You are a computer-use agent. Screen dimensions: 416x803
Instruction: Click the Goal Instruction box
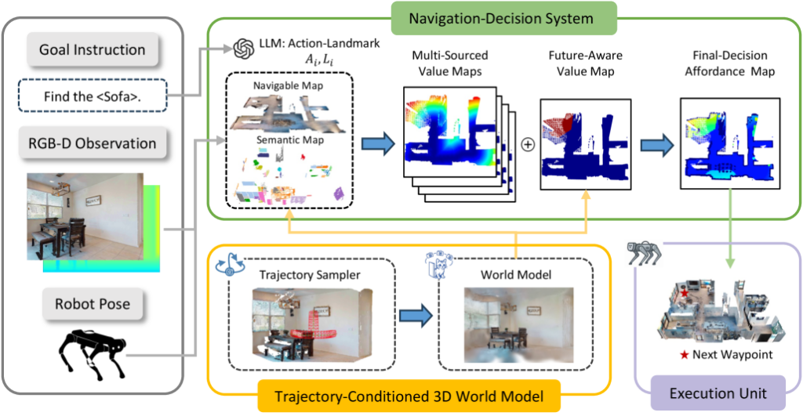93,49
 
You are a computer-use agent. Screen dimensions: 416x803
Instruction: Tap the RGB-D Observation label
93,144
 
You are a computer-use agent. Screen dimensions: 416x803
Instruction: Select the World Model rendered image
517,323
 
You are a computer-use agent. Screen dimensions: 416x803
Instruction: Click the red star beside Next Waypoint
685,355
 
